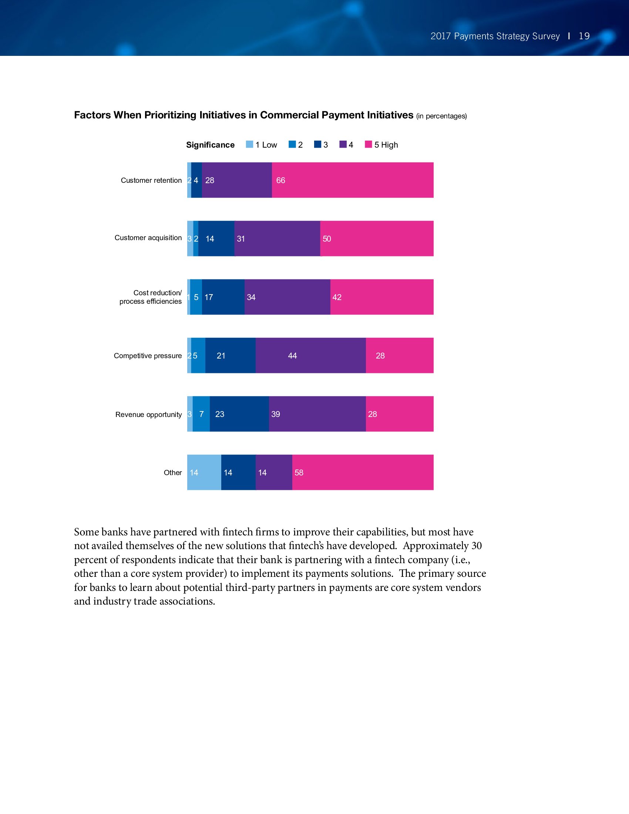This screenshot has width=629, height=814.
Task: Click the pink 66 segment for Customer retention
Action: point(353,180)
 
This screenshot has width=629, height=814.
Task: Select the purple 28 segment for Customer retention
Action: point(237,180)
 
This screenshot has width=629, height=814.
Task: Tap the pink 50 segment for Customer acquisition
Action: point(377,239)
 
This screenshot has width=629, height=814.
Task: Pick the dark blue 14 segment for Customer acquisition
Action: point(216,239)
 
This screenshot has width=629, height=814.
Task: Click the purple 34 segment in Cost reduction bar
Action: point(287,297)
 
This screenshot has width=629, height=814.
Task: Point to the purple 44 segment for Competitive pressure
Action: point(310,356)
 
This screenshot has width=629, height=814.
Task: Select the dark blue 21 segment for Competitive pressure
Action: point(230,356)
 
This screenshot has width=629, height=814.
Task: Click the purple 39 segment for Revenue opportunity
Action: point(317,414)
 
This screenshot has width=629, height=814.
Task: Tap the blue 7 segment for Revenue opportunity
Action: point(201,414)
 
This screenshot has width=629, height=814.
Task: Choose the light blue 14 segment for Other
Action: point(204,472)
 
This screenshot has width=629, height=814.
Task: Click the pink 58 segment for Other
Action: point(363,472)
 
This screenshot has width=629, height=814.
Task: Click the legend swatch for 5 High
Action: point(368,144)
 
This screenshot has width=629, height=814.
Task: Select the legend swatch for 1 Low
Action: point(250,144)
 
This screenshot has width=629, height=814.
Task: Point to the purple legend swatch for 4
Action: point(343,144)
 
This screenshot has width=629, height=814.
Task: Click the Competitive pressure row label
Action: point(148,356)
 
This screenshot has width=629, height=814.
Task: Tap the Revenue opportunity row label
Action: point(148,414)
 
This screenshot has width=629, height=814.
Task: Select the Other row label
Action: point(172,472)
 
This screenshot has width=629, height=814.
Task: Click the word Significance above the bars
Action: point(210,145)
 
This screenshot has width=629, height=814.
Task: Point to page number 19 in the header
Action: point(584,36)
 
